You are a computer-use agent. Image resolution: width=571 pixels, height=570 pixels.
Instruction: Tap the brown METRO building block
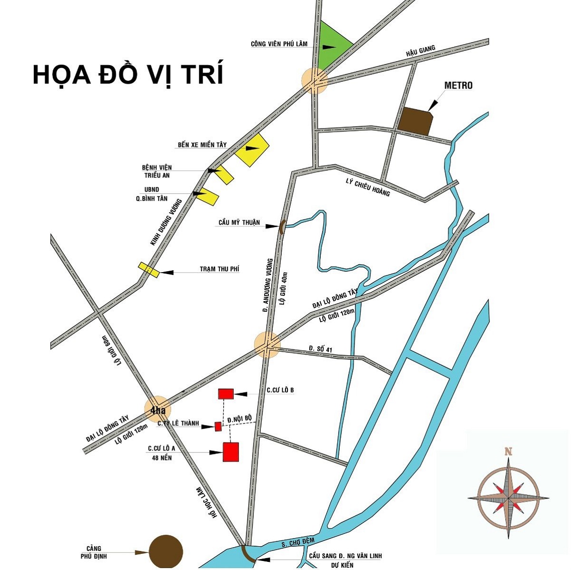click(x=415, y=121)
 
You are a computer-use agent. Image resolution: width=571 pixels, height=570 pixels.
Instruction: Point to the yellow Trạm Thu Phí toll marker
click(x=148, y=270)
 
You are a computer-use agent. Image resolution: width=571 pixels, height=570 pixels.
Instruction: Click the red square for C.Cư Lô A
click(x=231, y=452)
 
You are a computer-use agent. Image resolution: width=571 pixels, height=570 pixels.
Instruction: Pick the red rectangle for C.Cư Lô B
click(x=226, y=393)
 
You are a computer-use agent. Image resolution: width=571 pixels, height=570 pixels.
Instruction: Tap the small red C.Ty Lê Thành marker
click(x=218, y=426)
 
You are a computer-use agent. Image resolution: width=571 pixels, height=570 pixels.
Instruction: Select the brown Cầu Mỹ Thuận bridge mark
click(x=281, y=227)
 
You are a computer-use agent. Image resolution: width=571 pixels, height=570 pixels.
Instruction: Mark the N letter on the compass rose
click(x=508, y=451)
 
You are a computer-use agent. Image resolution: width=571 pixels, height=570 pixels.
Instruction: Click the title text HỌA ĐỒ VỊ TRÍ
click(x=128, y=74)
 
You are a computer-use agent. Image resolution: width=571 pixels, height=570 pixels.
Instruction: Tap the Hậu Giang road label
click(x=421, y=51)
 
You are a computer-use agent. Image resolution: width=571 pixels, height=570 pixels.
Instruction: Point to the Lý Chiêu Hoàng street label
click(x=368, y=187)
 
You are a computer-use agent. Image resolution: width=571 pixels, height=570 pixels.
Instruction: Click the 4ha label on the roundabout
click(x=158, y=410)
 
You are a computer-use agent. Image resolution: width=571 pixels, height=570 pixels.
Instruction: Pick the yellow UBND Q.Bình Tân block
click(x=208, y=196)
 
